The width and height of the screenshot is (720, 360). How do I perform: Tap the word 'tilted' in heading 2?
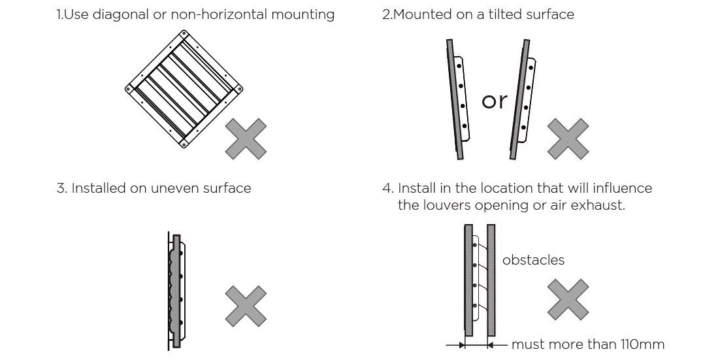tap(506, 14)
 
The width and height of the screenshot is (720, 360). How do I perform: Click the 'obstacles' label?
tap(533, 260)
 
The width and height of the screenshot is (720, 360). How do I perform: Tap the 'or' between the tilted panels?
tap(495, 101)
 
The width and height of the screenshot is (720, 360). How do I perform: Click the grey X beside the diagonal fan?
tap(246, 139)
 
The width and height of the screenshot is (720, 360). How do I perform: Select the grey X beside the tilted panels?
tap(568, 139)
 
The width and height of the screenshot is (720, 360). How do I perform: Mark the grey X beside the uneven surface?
tap(246, 306)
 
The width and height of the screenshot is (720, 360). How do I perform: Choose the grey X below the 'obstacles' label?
tap(568, 299)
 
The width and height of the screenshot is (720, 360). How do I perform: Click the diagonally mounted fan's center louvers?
tap(184, 89)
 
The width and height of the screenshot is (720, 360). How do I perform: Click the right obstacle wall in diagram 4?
tap(491, 280)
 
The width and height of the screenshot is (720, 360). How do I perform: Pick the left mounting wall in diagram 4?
tap(468, 280)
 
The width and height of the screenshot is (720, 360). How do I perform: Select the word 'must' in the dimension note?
tap(527, 344)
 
